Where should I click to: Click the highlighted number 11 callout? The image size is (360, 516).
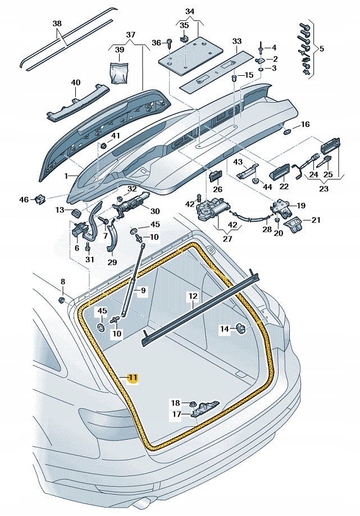tap(133, 377)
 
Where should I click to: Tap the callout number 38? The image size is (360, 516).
tap(57, 24)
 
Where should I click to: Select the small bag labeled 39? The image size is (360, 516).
tap(120, 72)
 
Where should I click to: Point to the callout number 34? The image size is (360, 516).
tap(189, 11)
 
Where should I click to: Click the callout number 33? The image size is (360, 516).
tap(236, 41)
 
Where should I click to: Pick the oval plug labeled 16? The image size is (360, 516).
tap(288, 131)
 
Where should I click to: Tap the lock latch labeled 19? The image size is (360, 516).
tap(281, 209)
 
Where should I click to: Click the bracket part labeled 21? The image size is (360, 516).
tap(294, 224)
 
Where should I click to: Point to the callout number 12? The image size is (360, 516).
tap(193, 296)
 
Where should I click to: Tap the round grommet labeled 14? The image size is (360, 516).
tap(240, 328)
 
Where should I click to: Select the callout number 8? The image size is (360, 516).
tap(63, 282)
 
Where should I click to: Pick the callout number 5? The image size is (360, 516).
tap(321, 48)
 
